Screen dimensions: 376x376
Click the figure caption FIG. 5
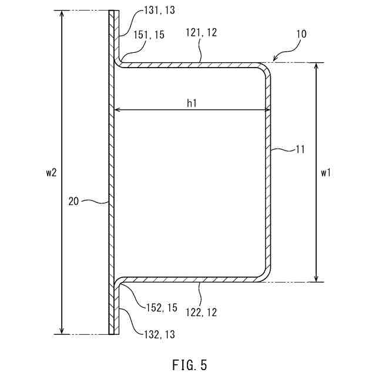(190, 365)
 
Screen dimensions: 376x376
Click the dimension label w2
(52, 173)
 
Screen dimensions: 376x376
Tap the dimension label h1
(192, 103)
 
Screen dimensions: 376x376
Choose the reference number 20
(73, 201)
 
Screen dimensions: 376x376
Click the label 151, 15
(150, 35)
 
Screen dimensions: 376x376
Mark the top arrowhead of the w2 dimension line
(62, 13)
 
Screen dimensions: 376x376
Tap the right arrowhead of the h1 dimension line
(267, 110)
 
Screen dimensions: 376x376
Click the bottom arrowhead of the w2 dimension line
(62, 332)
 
